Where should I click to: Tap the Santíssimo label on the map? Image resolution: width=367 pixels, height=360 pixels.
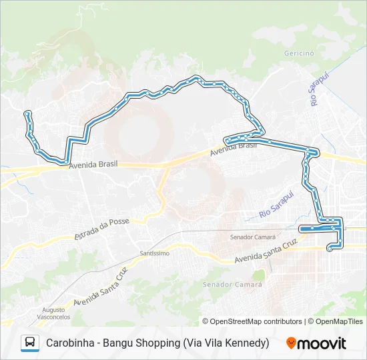(155, 253)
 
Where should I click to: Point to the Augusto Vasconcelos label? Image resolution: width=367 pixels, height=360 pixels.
(53, 313)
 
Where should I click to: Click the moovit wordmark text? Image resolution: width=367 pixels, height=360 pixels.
(322, 343)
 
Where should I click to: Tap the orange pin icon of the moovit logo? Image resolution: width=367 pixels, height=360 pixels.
(291, 343)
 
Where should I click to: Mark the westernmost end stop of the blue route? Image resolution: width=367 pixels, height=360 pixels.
(27, 113)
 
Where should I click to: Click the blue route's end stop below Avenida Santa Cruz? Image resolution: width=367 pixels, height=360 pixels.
(329, 249)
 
